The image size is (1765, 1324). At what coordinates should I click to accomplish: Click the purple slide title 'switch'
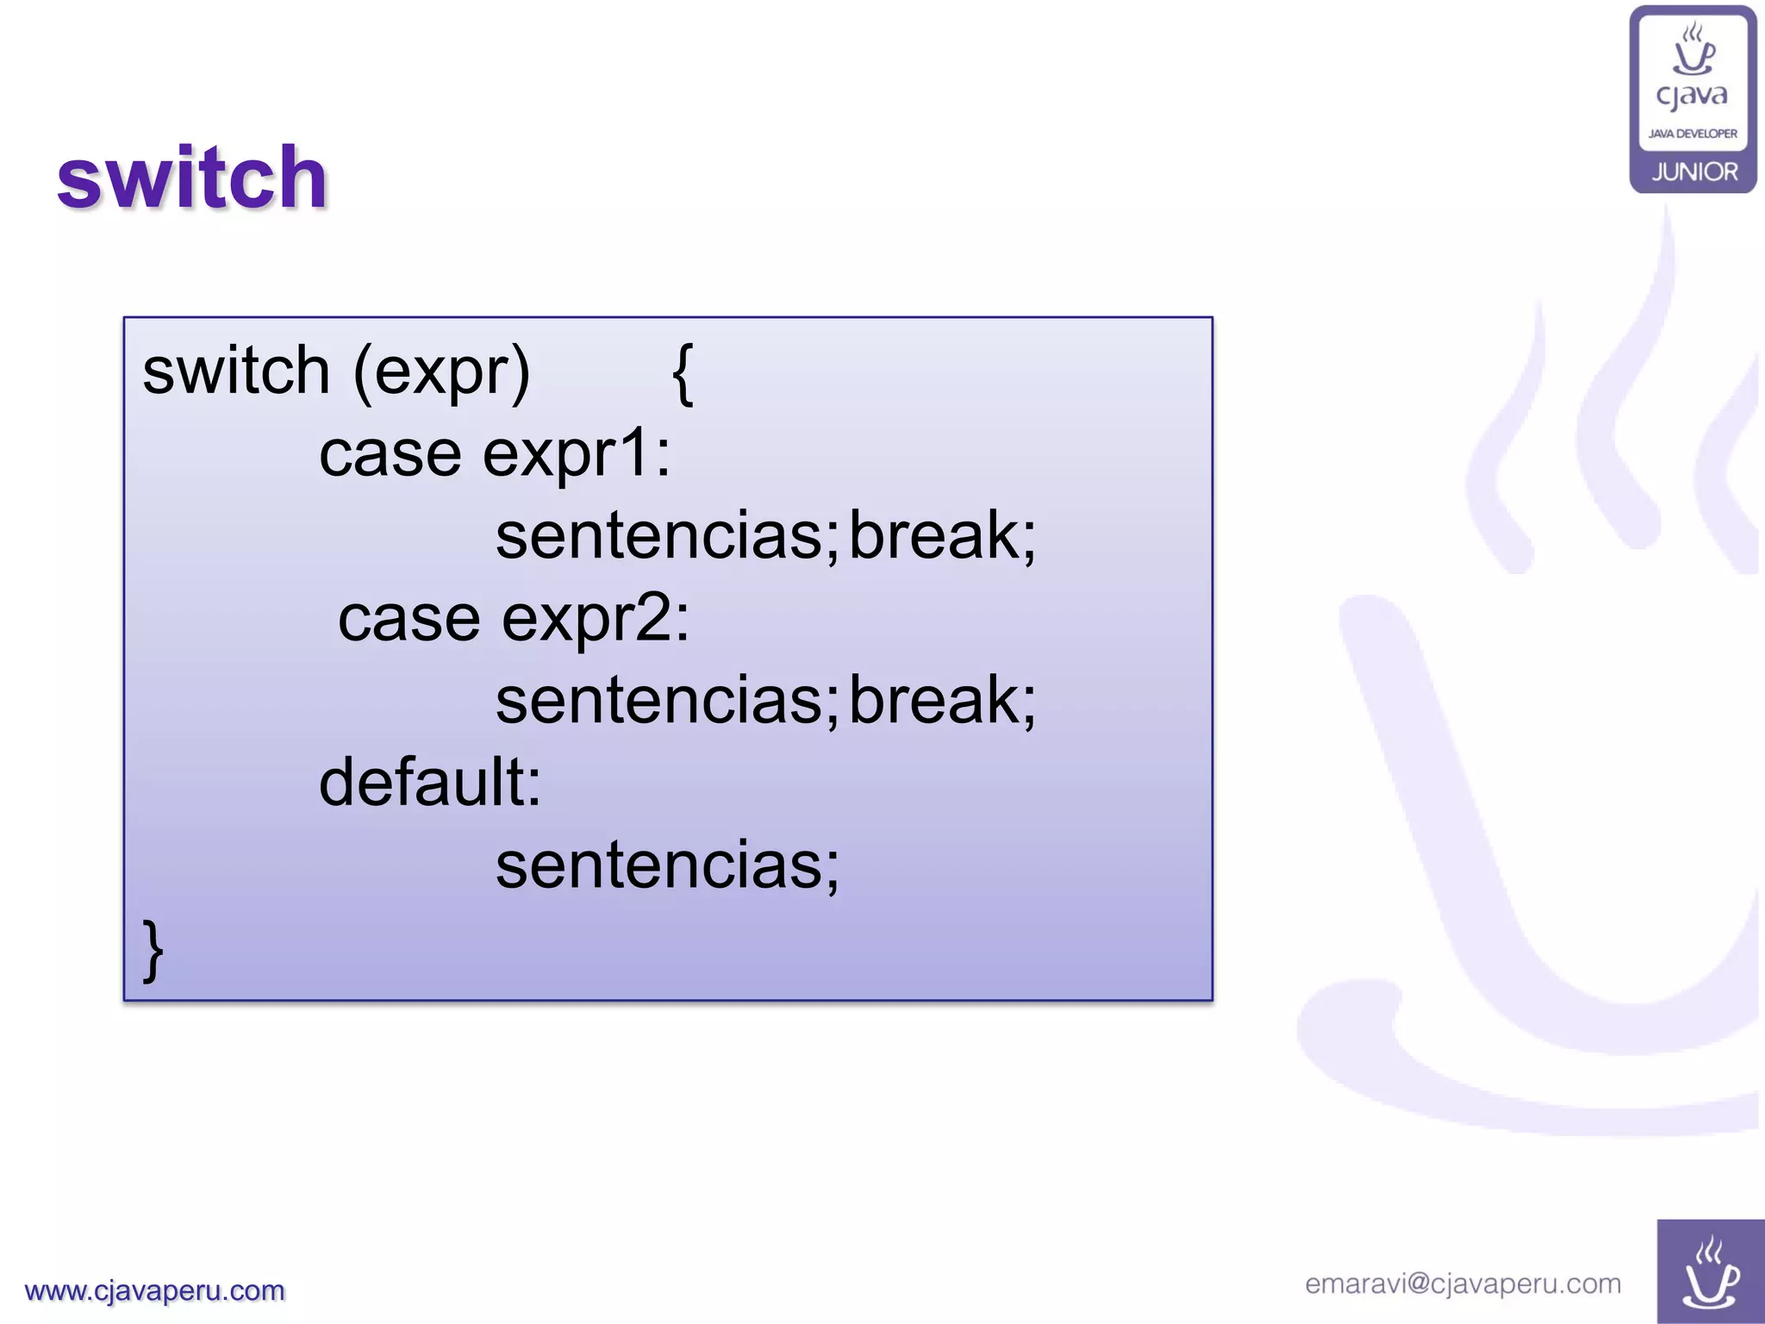click(x=191, y=178)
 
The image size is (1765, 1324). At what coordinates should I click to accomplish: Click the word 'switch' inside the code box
click(x=236, y=371)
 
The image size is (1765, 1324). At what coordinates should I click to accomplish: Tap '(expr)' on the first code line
click(x=441, y=372)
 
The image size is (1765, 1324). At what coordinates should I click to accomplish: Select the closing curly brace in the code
click(x=153, y=950)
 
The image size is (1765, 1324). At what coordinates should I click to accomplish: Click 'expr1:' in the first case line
click(x=576, y=453)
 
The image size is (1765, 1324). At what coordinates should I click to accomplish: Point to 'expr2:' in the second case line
click(x=596, y=618)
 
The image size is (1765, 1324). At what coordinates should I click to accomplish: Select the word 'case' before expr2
click(x=409, y=620)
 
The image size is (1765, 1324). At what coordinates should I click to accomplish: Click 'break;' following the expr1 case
click(x=943, y=535)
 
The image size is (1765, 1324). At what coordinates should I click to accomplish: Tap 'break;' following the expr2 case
click(x=943, y=700)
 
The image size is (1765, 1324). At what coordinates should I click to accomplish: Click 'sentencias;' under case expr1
click(x=666, y=537)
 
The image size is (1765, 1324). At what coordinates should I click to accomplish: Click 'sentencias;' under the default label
click(x=666, y=865)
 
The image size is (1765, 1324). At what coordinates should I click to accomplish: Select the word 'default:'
click(x=430, y=782)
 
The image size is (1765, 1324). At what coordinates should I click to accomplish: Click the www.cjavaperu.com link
click(x=154, y=1290)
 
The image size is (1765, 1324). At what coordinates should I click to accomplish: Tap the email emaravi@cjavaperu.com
click(x=1463, y=1283)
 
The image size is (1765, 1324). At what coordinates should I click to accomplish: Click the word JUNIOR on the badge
click(x=1694, y=172)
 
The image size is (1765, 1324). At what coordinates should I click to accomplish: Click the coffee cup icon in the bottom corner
click(x=1710, y=1273)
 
